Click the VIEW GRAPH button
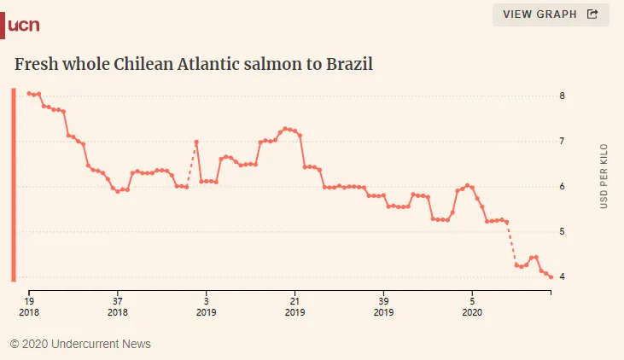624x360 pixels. pyautogui.click(x=551, y=15)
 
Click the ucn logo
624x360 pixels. pyautogui.click(x=23, y=25)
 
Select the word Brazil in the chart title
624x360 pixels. pyautogui.click(x=350, y=64)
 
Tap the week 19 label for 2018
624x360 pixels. pyautogui.click(x=29, y=306)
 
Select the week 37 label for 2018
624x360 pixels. pyautogui.click(x=118, y=306)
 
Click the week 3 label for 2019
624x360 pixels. pyautogui.click(x=207, y=306)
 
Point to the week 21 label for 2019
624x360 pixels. pyautogui.click(x=295, y=306)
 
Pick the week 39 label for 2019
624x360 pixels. pyautogui.click(x=383, y=306)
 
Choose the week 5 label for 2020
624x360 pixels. pyautogui.click(x=472, y=306)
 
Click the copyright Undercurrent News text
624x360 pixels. pyautogui.click(x=80, y=344)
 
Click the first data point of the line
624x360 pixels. pyautogui.click(x=29, y=93)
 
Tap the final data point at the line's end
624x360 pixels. pyautogui.click(x=551, y=277)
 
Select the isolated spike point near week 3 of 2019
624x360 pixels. pyautogui.click(x=196, y=142)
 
